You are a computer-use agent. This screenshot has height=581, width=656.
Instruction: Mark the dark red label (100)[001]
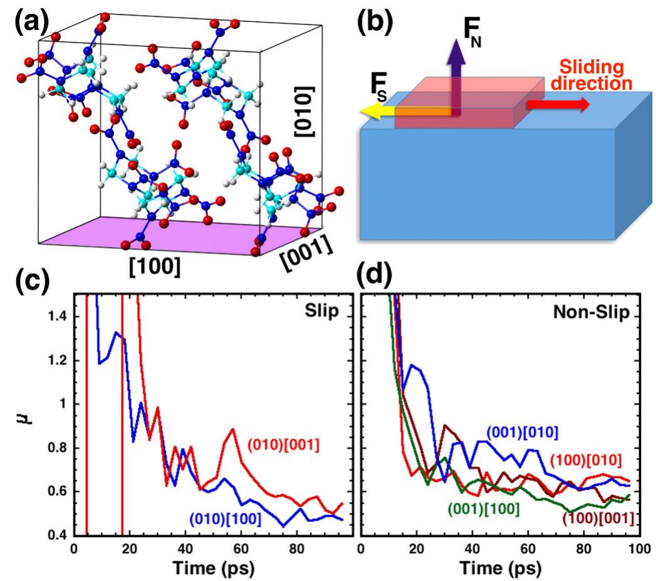coord(598,518)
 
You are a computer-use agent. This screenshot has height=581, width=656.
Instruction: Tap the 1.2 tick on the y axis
coord(56,360)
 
